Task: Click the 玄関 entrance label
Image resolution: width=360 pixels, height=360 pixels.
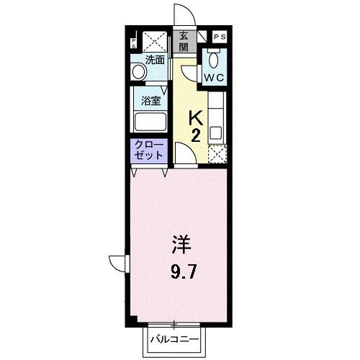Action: (184, 42)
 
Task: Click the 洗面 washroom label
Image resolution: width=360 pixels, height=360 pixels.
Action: (155, 60)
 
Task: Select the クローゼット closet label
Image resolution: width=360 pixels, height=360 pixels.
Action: (148, 150)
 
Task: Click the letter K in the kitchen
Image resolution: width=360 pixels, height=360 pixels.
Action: (195, 117)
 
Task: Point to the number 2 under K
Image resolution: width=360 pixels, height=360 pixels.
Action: (195, 135)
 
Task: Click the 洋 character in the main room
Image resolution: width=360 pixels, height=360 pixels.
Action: (180, 245)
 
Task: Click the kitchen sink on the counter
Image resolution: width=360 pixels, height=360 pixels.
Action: (217, 132)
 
